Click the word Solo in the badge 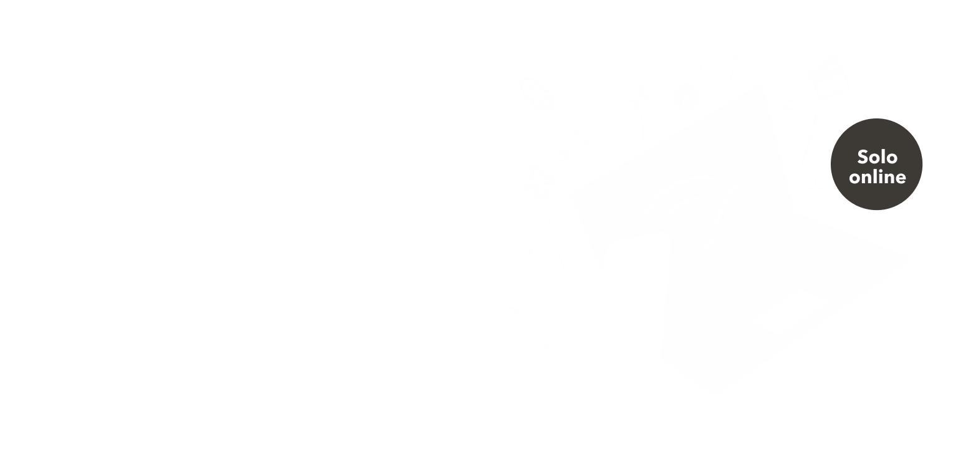tap(876, 156)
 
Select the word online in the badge tap(877, 177)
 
